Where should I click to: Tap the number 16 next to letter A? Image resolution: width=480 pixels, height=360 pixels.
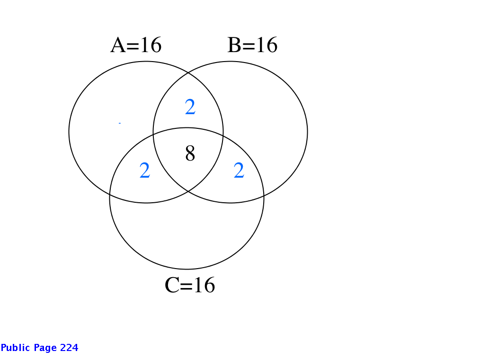coord(151,45)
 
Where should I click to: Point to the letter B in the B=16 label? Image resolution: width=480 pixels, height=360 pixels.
coord(234,45)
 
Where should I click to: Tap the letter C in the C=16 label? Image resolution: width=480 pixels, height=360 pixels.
coord(172,285)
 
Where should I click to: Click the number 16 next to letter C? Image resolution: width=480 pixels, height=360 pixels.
coord(204,285)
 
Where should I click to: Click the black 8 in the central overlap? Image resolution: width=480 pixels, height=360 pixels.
coord(190,153)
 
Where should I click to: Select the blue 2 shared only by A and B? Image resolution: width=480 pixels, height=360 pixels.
coord(190,107)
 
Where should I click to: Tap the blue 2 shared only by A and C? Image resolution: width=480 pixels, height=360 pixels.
coord(145,171)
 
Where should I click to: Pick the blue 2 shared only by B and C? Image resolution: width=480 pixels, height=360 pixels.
coord(239,171)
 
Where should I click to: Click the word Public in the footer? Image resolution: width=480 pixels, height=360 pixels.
coord(16,348)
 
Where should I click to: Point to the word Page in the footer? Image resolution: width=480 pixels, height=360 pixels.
coord(45,348)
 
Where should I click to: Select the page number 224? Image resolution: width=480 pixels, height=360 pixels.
coord(69,348)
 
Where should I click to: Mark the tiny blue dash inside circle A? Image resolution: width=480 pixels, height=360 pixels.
coord(120,123)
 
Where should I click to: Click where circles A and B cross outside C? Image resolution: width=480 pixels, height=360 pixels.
coord(188,72)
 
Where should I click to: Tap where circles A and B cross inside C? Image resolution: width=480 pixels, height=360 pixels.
coord(188,191)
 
